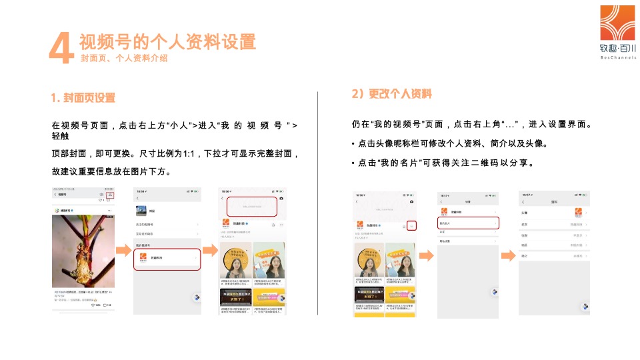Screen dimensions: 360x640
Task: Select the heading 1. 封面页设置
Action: pos(83,98)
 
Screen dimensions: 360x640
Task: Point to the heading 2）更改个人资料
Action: pos(392,94)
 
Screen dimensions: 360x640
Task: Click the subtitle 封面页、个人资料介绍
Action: pos(123,59)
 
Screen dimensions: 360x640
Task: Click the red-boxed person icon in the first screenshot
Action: pos(110,195)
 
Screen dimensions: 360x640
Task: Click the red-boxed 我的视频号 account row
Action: pos(167,258)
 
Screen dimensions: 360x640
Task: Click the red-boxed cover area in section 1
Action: pos(252,207)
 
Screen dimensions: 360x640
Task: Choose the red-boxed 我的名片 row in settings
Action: pos(468,223)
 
